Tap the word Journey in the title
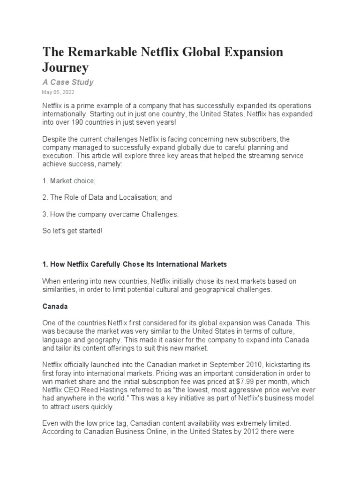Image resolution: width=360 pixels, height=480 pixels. [x=65, y=67]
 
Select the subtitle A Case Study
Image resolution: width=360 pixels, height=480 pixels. [x=68, y=82]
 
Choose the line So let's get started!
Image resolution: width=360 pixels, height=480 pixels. [x=72, y=232]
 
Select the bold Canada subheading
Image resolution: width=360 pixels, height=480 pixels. [x=55, y=306]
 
